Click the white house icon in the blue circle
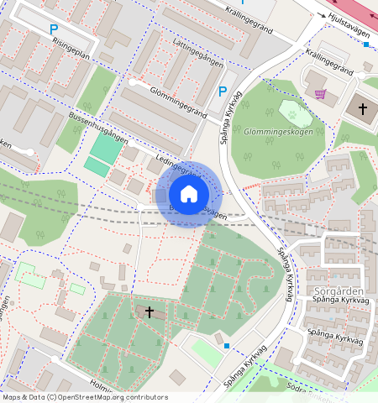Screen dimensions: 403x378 [x=189, y=194]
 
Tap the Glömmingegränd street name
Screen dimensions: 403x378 [x=167, y=101]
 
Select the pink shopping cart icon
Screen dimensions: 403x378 [x=320, y=94]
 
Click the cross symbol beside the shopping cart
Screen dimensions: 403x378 [x=363, y=108]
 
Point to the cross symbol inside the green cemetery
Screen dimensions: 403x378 [x=150, y=311]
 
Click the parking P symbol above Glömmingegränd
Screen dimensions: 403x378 [x=223, y=92]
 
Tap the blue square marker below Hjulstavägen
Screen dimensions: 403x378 [x=366, y=44]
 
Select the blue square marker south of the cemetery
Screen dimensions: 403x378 [x=227, y=344]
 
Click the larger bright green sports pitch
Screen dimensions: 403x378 [x=107, y=148]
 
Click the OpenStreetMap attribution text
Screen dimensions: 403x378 [x=84, y=397]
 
